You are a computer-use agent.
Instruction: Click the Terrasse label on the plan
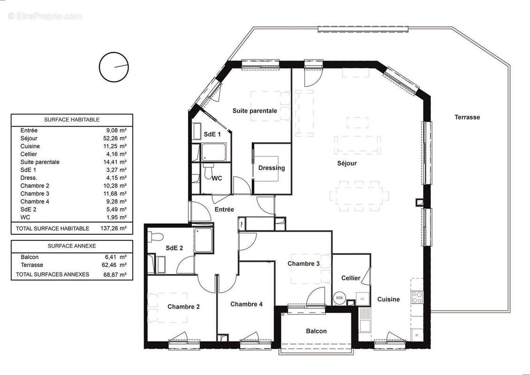click(467, 117)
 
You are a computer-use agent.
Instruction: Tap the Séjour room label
click(347, 164)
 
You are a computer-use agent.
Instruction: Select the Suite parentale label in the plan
click(255, 111)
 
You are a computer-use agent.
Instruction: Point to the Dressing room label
click(272, 168)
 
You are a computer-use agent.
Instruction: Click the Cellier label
click(351, 278)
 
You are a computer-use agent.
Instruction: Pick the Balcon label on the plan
click(316, 331)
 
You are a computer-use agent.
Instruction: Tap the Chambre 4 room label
click(246, 304)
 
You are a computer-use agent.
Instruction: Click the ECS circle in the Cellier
click(339, 298)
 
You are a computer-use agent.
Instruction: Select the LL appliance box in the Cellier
click(362, 298)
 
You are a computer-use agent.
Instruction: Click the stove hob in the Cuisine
click(416, 297)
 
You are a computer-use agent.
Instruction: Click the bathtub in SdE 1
click(214, 152)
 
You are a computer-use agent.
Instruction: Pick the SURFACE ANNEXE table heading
click(72, 246)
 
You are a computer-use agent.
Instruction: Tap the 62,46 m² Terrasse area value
click(117, 265)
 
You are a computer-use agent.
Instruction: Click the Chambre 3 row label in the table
click(35, 194)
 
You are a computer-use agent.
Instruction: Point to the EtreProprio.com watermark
click(45, 16)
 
